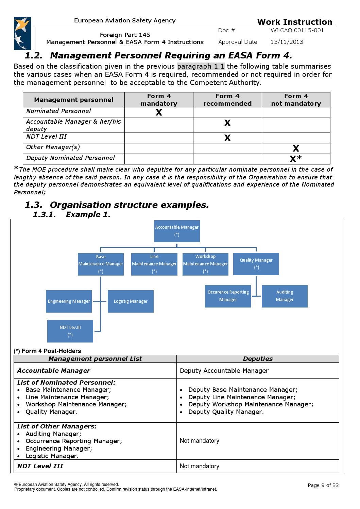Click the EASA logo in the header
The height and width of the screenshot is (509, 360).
(x=22, y=33)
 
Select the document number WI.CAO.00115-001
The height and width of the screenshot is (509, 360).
(x=297, y=31)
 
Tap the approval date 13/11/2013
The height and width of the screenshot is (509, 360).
(x=287, y=42)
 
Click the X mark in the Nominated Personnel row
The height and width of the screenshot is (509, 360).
(x=159, y=112)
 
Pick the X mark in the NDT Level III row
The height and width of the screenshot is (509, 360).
(x=227, y=138)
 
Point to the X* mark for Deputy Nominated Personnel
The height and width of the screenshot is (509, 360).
(x=295, y=159)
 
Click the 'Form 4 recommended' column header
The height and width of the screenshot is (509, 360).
(x=227, y=100)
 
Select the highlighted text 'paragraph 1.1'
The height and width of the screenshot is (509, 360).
(x=201, y=66)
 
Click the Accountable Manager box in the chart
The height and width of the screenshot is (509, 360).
(x=177, y=231)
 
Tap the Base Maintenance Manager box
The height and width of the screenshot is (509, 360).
(x=101, y=264)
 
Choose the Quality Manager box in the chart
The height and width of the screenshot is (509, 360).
(x=256, y=264)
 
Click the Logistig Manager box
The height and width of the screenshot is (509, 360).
(x=131, y=301)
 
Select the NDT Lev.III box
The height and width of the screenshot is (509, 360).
(x=70, y=331)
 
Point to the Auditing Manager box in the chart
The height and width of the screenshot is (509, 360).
(x=285, y=296)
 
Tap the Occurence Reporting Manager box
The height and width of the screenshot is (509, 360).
(x=228, y=296)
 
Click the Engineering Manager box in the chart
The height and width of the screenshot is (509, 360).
(x=69, y=301)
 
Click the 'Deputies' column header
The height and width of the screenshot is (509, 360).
(x=258, y=359)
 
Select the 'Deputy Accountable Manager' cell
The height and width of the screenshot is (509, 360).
(x=224, y=371)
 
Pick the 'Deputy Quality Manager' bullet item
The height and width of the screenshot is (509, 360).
(x=226, y=412)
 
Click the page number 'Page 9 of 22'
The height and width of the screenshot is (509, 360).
(x=323, y=485)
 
